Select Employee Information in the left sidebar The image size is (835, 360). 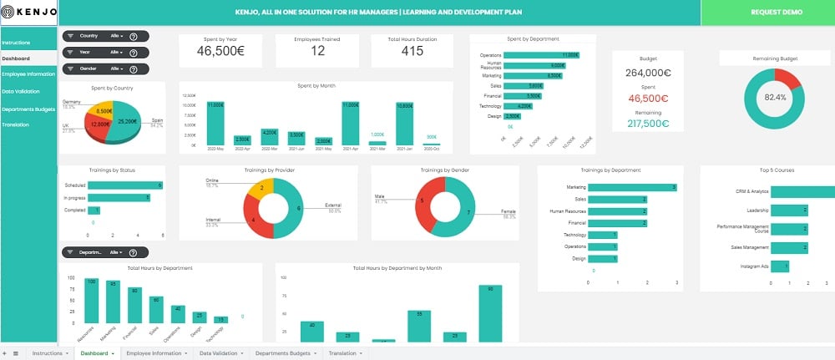(28, 74)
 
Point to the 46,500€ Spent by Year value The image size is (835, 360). (220, 52)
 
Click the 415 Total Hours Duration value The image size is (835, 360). (412, 52)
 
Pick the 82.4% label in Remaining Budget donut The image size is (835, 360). (774, 98)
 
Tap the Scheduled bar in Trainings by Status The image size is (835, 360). (124, 185)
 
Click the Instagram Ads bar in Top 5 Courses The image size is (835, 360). (779, 266)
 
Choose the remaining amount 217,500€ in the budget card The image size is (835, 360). (647, 123)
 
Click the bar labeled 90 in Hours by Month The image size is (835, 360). (489, 313)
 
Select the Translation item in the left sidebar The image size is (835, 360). (16, 124)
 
